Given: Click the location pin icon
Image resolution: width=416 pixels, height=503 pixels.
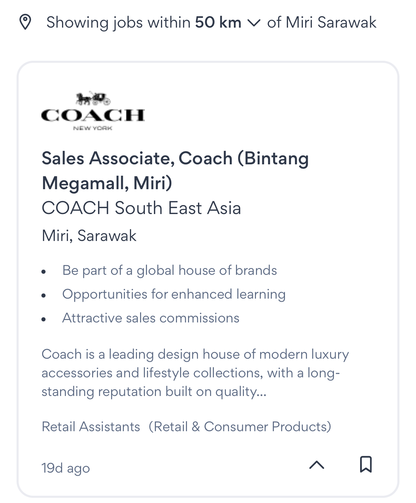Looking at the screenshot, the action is pyautogui.click(x=25, y=22).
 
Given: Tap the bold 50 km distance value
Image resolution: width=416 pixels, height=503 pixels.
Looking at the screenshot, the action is pyautogui.click(x=218, y=22).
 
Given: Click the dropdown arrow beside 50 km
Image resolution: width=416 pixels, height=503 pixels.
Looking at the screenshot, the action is pyautogui.click(x=254, y=23).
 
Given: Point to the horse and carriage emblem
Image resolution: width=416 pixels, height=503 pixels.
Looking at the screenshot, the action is pyautogui.click(x=93, y=98).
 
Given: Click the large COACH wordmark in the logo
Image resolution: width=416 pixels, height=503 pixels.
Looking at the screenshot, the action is pyautogui.click(x=93, y=115).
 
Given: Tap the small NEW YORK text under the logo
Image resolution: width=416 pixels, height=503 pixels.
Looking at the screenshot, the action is pyautogui.click(x=93, y=128).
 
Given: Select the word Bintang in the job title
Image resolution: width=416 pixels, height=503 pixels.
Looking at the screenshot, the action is pyautogui.click(x=277, y=159).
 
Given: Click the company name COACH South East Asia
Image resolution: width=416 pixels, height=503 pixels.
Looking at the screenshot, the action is pyautogui.click(x=141, y=208).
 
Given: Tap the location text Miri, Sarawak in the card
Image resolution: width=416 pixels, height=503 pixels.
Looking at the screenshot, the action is pyautogui.click(x=89, y=235).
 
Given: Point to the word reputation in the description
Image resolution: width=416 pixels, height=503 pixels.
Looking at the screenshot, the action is pyautogui.click(x=129, y=392).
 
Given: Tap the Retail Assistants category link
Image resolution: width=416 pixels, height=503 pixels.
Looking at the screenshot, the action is pyautogui.click(x=91, y=427).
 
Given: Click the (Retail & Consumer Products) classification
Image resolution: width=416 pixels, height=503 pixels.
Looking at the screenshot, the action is pyautogui.click(x=240, y=427).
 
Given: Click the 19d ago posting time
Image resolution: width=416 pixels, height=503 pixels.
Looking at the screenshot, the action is pyautogui.click(x=66, y=468).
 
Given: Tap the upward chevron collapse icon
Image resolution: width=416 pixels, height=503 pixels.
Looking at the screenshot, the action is pyautogui.click(x=317, y=465).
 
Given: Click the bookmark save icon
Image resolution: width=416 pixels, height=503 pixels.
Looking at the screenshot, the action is pyautogui.click(x=366, y=464).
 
